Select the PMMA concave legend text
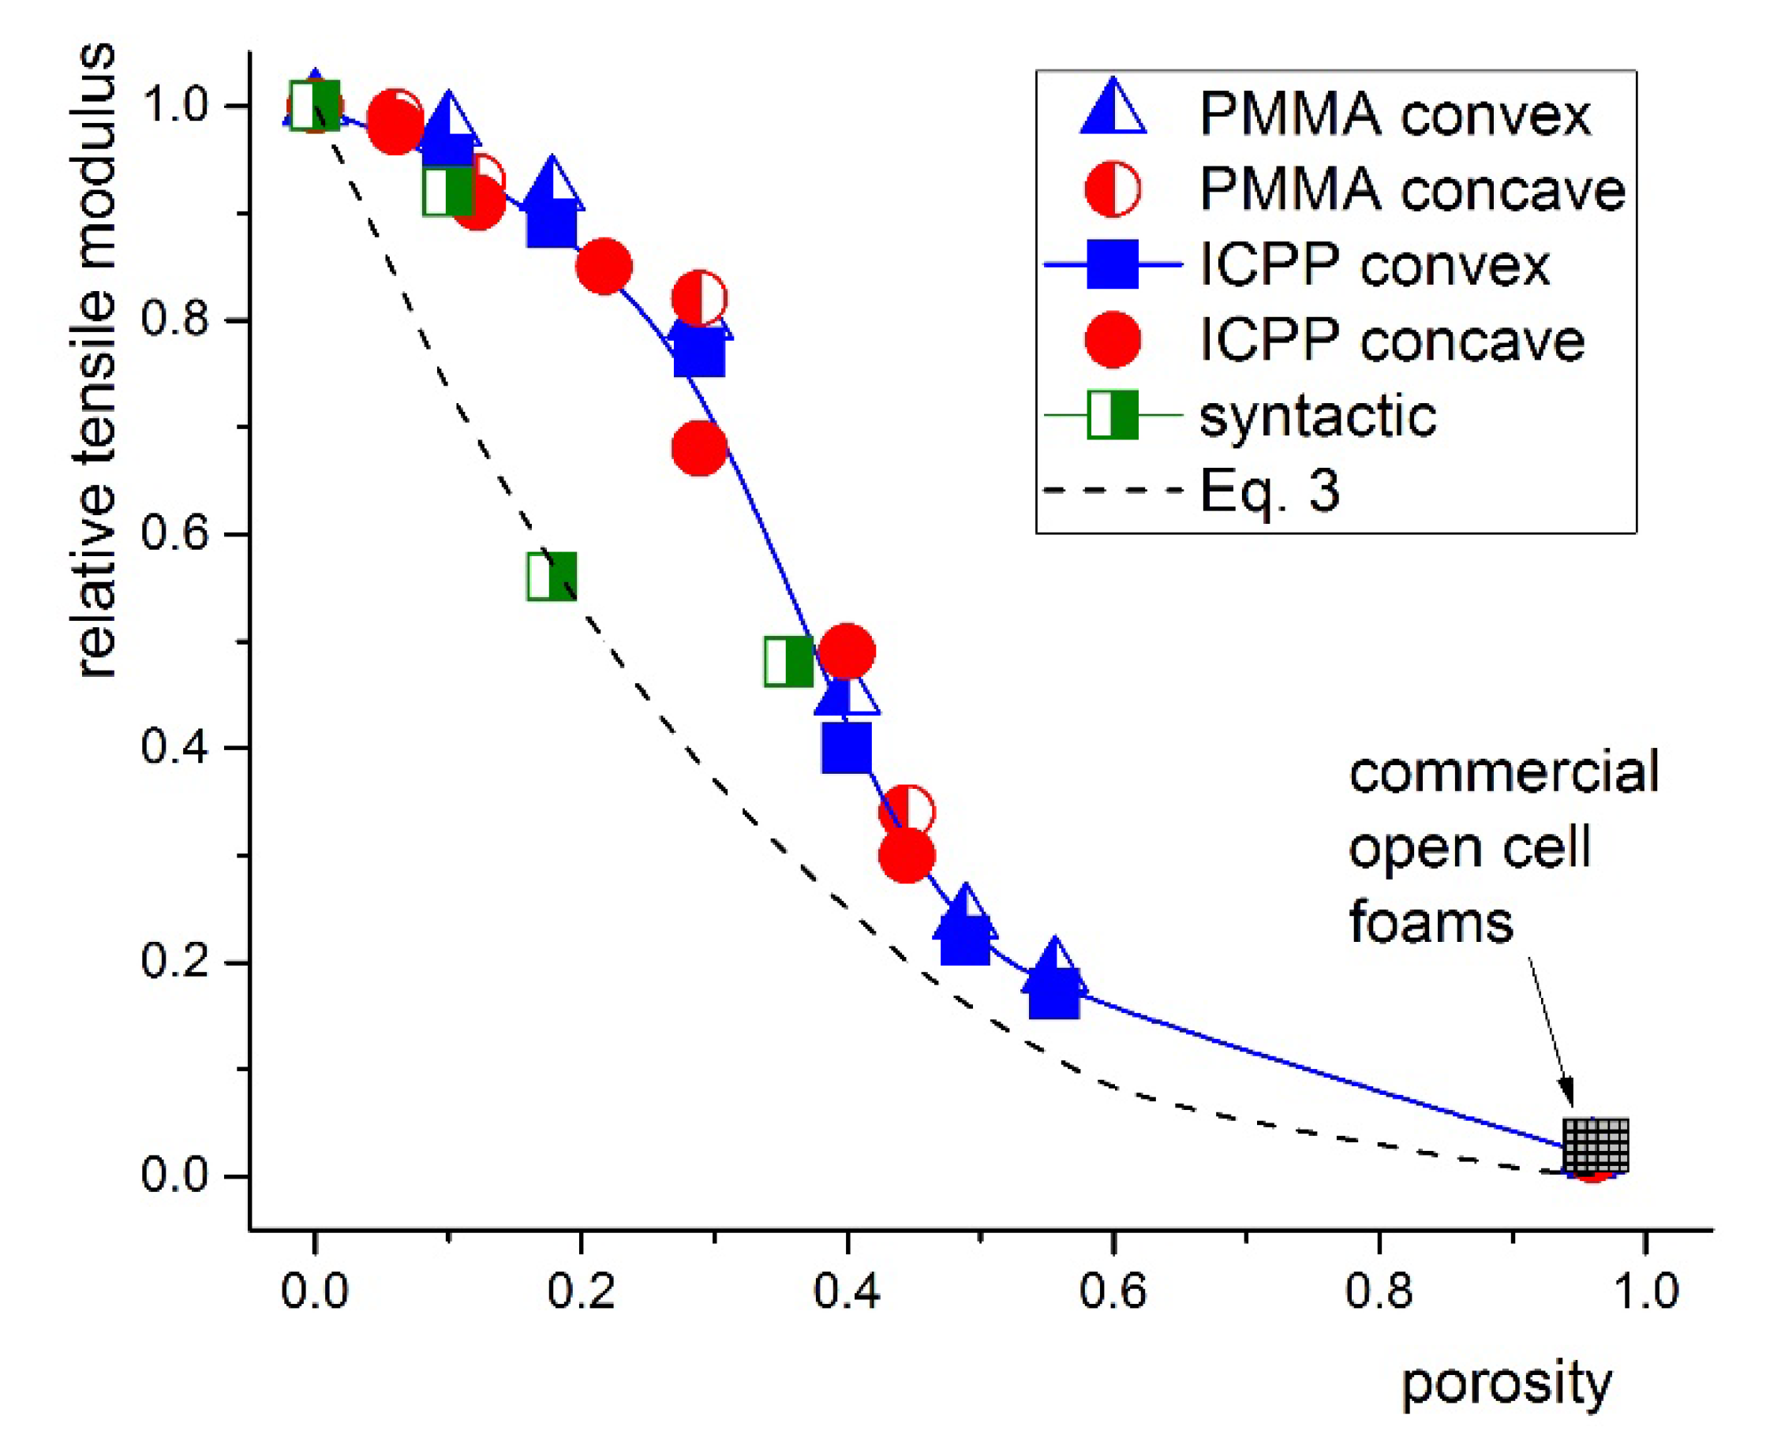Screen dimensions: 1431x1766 1411,189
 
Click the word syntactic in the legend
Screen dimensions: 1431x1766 1317,416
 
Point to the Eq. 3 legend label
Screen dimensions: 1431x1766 1269,491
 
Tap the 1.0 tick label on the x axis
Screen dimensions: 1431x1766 1644,1291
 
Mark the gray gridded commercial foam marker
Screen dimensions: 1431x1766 1596,1145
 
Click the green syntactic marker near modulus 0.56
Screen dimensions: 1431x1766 552,576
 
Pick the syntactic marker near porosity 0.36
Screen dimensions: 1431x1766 789,661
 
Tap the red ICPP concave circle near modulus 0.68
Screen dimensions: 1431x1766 699,448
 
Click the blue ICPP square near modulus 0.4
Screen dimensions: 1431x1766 847,748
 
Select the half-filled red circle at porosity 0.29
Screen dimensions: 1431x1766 699,297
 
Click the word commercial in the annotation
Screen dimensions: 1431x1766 1503,773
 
